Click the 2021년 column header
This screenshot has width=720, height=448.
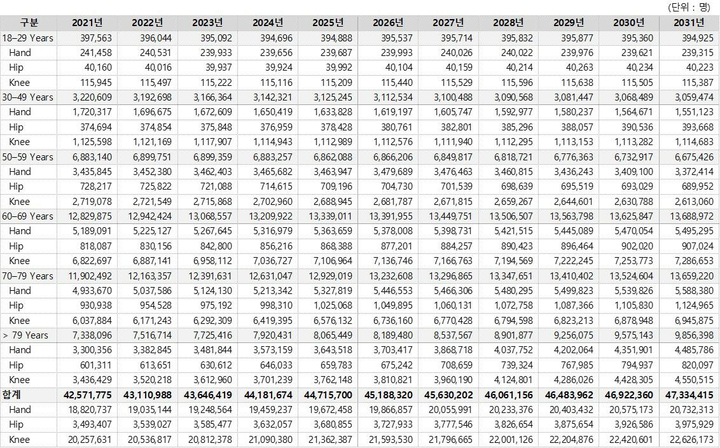pyautogui.click(x=87, y=23)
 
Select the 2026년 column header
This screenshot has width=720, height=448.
pyautogui.click(x=388, y=23)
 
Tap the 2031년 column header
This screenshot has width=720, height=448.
pyautogui.click(x=689, y=23)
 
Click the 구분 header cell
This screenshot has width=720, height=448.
pyautogui.click(x=29, y=23)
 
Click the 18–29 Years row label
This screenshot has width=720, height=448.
pyautogui.click(x=28, y=38)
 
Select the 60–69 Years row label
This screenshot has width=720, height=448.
pyautogui.click(x=28, y=216)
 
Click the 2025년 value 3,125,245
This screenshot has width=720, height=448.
pyautogui.click(x=329, y=97)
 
